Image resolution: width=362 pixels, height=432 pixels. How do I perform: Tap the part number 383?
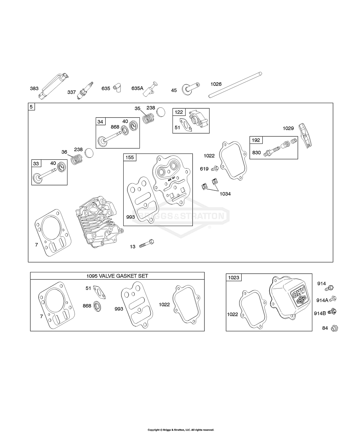(34, 88)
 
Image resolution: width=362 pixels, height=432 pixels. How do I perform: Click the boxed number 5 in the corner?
(31, 106)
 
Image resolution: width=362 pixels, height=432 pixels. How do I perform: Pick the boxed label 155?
(130, 157)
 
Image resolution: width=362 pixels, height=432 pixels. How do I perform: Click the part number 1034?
(225, 194)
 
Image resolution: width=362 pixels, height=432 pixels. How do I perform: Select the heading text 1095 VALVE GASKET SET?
(117, 276)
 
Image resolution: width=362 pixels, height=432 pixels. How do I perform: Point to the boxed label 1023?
(233, 278)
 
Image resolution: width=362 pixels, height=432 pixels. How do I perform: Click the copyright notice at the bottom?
(180, 430)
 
